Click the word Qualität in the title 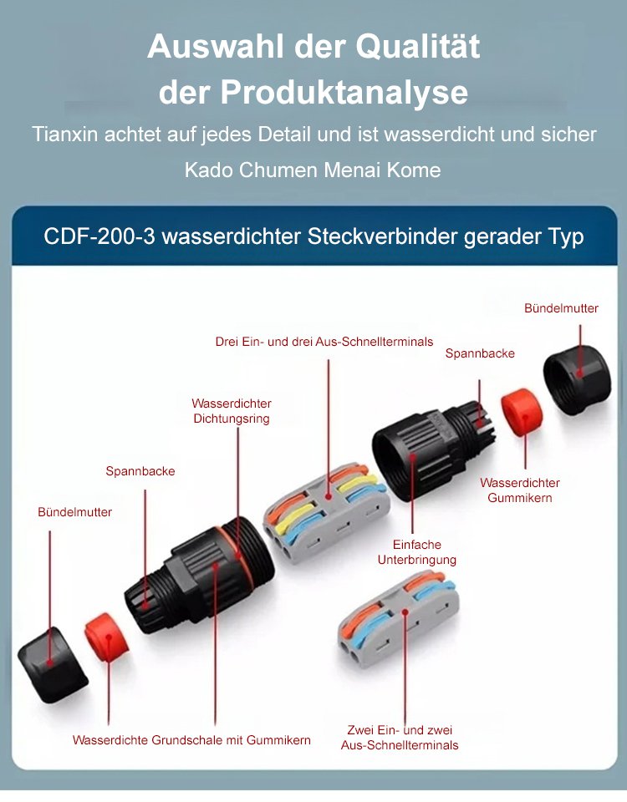click(418, 47)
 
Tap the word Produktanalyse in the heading click(344, 93)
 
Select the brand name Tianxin click(65, 134)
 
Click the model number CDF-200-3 click(99, 236)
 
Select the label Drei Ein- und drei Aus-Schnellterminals click(324, 342)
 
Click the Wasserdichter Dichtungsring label click(232, 411)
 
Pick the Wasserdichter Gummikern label click(519, 490)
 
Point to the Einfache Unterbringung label click(416, 552)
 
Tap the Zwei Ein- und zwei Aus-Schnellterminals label click(400, 737)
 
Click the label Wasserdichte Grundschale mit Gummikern click(191, 739)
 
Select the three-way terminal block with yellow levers click(325, 511)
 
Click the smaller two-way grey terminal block click(396, 620)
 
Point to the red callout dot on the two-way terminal click(405, 612)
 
